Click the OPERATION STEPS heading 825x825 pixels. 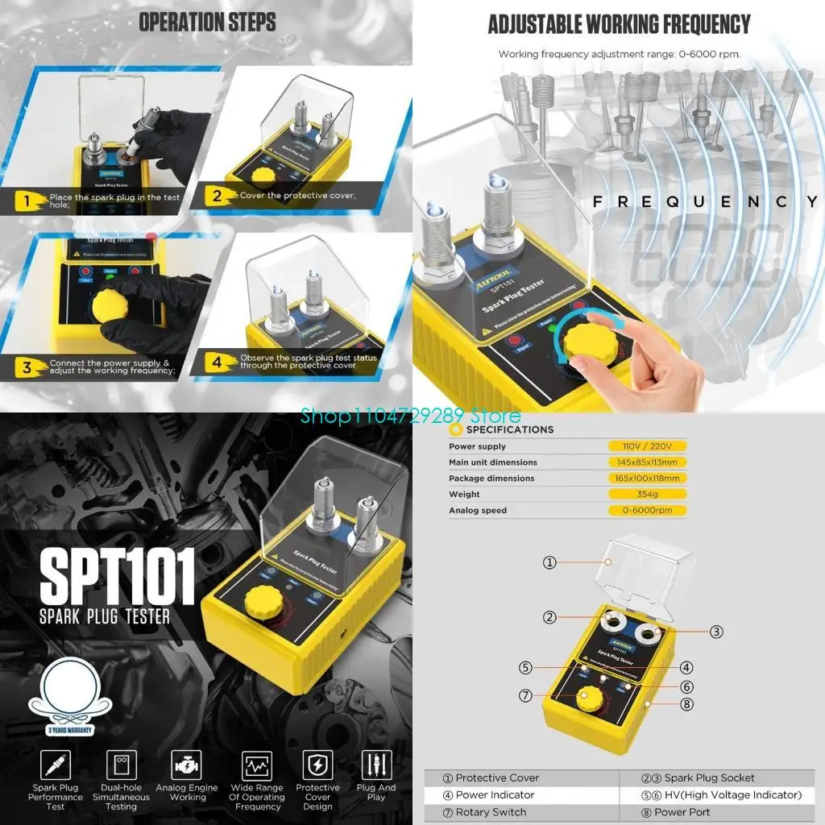pos(207,22)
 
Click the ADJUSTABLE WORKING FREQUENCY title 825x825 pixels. pos(619,24)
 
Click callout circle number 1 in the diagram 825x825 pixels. pos(549,562)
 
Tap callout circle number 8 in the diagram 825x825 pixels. pos(686,703)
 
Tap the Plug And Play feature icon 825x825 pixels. pos(376,765)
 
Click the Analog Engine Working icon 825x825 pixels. pos(186,765)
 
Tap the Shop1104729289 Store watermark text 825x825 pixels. pos(411,416)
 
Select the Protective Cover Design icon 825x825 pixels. pos(317,765)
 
